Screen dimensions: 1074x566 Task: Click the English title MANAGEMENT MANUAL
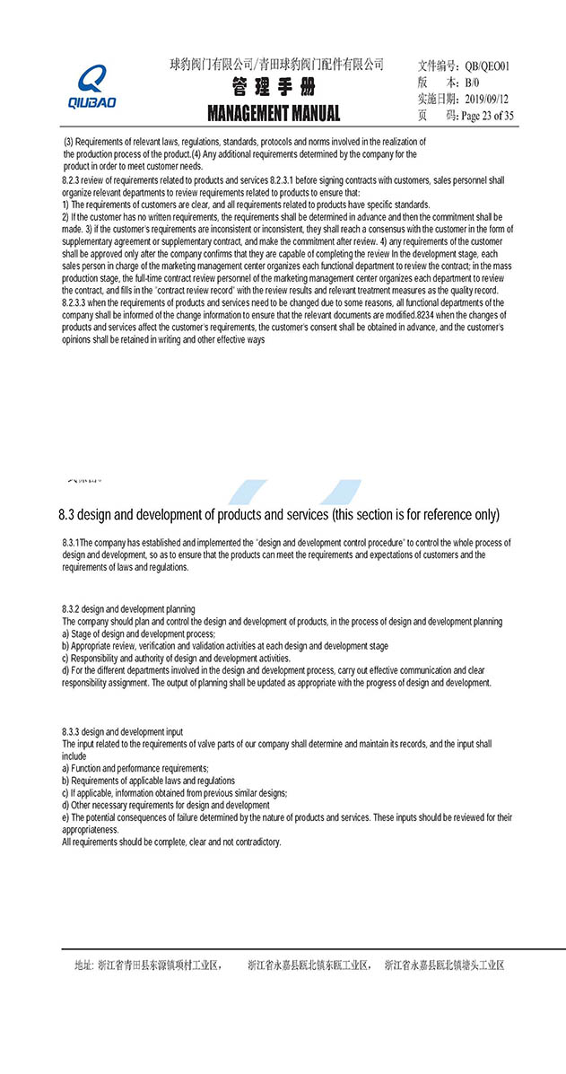point(274,113)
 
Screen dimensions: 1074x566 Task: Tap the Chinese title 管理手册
point(274,88)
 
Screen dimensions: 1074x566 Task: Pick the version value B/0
point(473,82)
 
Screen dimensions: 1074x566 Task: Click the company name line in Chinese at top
point(276,64)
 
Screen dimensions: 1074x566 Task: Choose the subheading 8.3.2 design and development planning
point(128,610)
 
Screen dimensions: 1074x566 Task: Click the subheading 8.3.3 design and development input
point(122,732)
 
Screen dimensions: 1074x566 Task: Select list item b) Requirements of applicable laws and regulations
point(148,781)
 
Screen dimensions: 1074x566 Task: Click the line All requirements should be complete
point(171,842)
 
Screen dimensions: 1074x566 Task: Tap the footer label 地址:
point(83,965)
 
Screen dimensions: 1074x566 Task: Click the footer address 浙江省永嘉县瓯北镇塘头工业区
point(444,965)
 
